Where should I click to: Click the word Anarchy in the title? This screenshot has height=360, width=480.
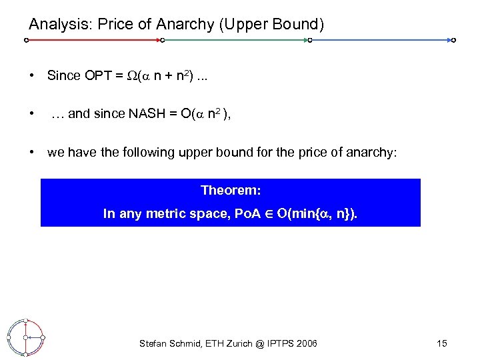(179, 25)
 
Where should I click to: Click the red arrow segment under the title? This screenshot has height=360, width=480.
(93, 40)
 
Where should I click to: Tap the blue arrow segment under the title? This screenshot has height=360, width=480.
(381, 40)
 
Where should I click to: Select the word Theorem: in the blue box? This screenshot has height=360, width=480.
(231, 191)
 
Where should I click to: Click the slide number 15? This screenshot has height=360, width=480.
(441, 343)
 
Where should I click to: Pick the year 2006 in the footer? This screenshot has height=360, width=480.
(305, 343)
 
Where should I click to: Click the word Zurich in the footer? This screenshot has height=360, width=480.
(236, 343)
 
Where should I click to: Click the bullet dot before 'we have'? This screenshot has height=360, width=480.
(32, 153)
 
